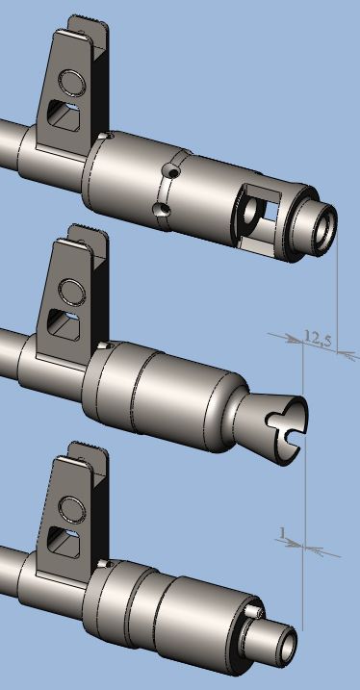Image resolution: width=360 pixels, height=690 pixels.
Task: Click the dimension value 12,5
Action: [x=319, y=338]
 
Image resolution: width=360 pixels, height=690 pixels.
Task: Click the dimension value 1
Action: [x=282, y=532]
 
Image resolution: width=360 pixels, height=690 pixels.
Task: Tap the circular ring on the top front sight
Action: [x=72, y=83]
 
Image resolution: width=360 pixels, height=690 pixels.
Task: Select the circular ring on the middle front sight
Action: [x=71, y=292]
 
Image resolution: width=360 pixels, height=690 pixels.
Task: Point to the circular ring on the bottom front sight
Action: [x=71, y=510]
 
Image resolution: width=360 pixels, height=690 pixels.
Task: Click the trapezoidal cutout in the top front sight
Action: [x=64, y=115]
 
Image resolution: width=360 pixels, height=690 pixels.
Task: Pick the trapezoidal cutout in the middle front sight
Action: [x=64, y=324]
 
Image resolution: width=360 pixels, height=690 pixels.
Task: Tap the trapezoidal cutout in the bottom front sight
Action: [x=64, y=543]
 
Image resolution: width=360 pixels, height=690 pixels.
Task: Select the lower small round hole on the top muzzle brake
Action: [x=165, y=209]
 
